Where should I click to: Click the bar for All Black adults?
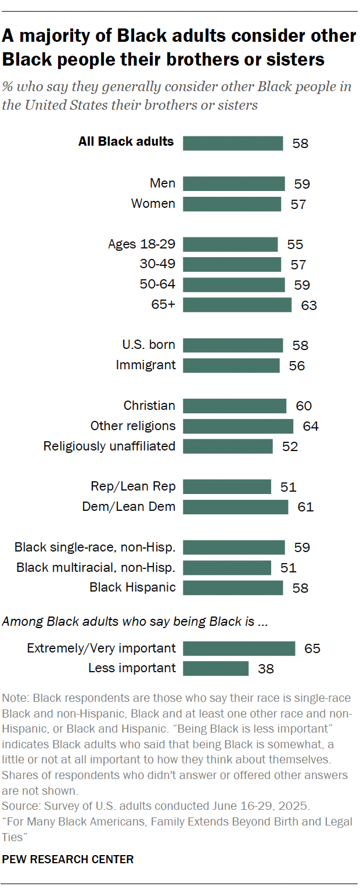coord(233,143)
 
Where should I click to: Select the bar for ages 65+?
coord(237,305)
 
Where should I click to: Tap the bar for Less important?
coord(215,668)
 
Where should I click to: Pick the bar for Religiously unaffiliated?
coord(228,446)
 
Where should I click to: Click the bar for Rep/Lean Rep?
coord(227,486)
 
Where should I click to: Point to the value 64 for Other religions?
coord(311,426)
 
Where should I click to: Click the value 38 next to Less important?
coord(265,669)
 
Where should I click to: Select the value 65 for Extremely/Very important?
coord(312,648)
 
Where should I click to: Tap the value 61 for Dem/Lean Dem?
coord(305,507)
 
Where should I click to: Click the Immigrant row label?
coord(145,365)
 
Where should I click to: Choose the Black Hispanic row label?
coord(132,587)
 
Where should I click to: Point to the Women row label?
coord(153,204)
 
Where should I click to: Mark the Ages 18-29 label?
coord(142,244)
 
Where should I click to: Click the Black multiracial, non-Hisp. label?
coord(96,567)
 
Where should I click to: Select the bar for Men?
coord(234,184)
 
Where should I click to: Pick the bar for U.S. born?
coord(233,345)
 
